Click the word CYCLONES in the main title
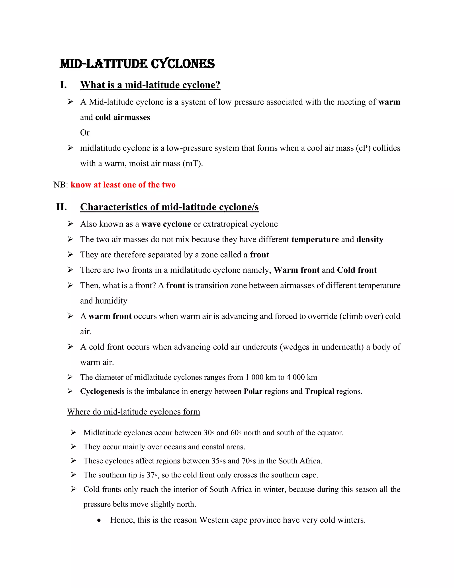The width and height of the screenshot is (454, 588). click(183, 64)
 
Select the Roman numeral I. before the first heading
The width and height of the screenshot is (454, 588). click(63, 85)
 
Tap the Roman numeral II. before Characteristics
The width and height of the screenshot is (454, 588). click(62, 207)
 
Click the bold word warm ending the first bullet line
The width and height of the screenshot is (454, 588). click(389, 102)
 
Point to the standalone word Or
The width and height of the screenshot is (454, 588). click(85, 133)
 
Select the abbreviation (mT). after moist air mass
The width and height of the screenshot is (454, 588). click(193, 164)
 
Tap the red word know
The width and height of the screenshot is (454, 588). click(81, 185)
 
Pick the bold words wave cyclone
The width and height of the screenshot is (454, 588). click(166, 224)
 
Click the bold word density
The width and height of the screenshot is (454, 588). click(370, 239)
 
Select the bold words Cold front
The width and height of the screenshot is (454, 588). click(357, 270)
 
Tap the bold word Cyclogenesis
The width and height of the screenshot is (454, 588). click(102, 391)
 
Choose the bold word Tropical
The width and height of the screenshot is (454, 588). click(319, 391)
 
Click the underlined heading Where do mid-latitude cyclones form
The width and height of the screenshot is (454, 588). click(133, 412)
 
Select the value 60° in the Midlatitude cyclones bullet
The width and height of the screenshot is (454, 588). click(236, 433)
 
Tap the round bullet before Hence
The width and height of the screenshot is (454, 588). click(99, 520)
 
